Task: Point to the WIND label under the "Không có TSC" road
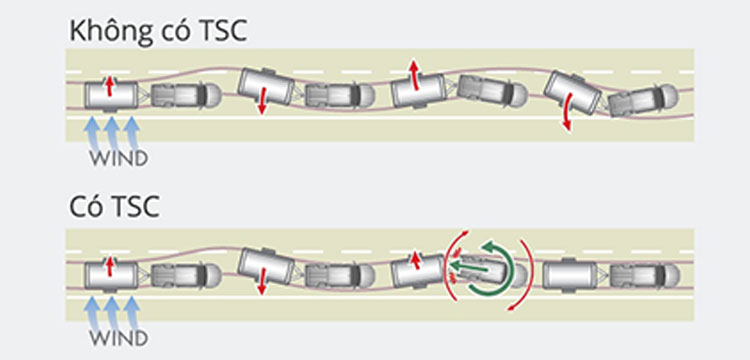(119, 159)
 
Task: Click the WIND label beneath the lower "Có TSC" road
(119, 338)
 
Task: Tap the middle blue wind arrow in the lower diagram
(112, 314)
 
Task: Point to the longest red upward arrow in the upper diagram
(414, 75)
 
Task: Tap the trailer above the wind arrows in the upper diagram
(111, 96)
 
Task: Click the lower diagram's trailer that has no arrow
(570, 275)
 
